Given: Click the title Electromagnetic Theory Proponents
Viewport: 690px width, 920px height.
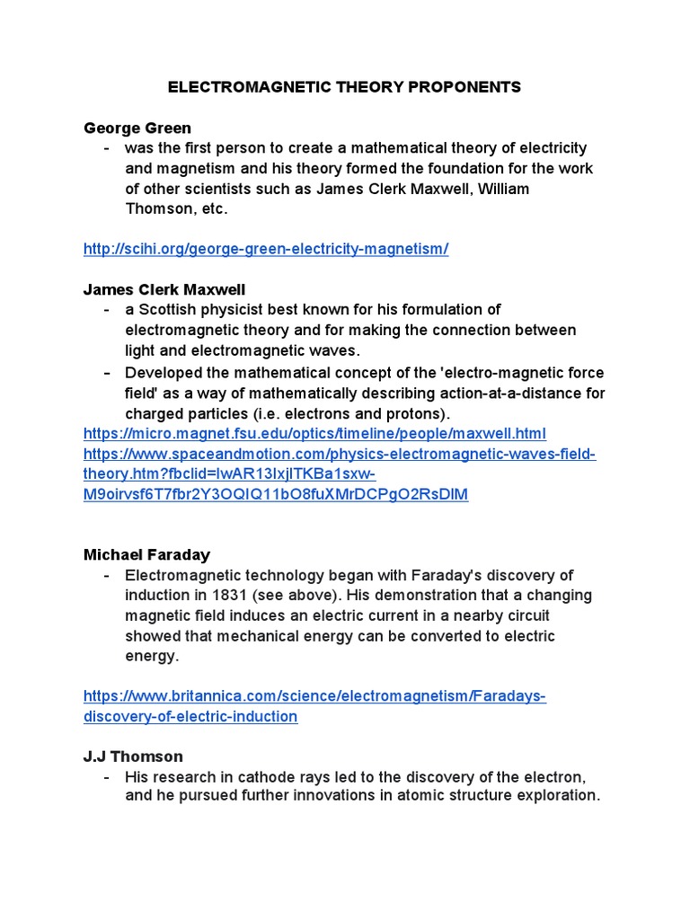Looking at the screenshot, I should point(345,87).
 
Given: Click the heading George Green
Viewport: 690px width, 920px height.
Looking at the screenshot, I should point(137,128).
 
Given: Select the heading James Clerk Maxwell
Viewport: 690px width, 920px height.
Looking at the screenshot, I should point(164,289).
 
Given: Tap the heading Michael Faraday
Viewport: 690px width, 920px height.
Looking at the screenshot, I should point(146,555).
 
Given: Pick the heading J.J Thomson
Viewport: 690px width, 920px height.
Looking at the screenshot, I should point(133,756).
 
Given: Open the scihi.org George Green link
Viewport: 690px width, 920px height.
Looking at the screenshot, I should point(266,249).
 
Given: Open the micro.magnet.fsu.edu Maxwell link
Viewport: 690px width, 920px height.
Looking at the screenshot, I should point(314,433).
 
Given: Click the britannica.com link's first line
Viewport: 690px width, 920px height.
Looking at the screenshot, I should point(314,696).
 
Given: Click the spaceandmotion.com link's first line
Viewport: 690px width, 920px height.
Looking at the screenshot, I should point(340,454).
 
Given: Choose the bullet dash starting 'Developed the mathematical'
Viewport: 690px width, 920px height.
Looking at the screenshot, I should point(107,373).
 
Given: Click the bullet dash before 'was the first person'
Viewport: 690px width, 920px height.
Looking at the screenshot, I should point(107,148).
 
